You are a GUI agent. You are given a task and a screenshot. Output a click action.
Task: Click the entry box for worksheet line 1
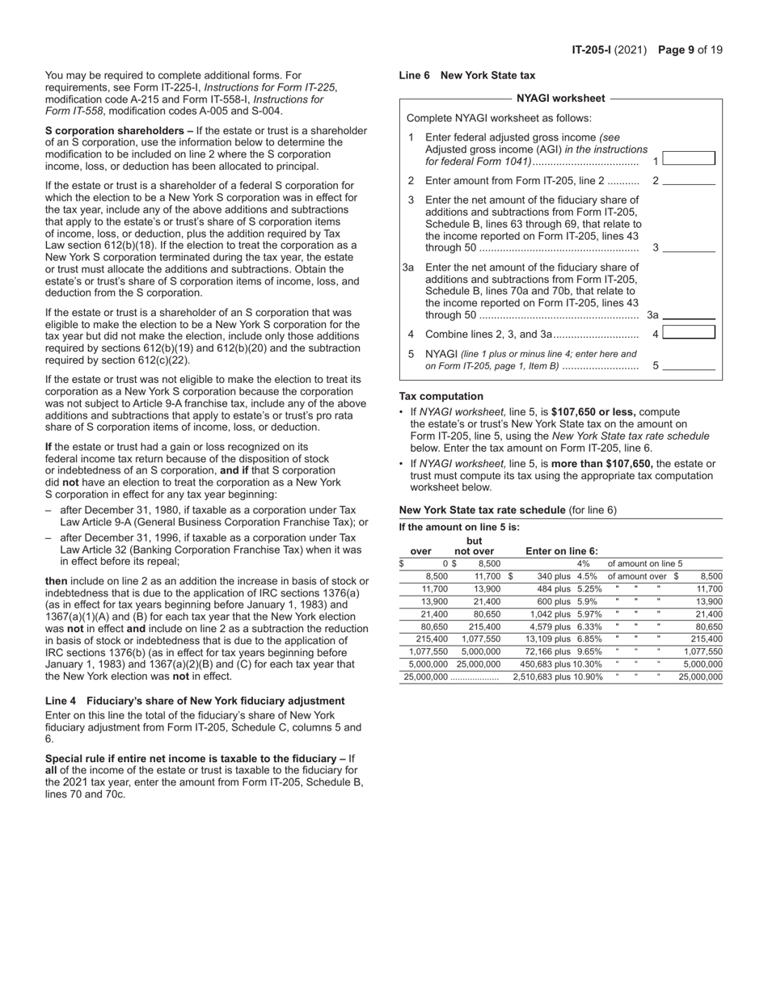click(x=689, y=159)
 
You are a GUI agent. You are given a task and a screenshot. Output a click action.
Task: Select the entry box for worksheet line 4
click(x=689, y=333)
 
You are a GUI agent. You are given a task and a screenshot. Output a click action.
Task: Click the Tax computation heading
click(x=441, y=396)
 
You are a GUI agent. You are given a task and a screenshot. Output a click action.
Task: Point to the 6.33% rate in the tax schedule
click(x=589, y=626)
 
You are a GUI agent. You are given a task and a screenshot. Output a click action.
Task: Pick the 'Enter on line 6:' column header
click(x=562, y=552)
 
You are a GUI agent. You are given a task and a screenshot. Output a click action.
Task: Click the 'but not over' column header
click(x=474, y=546)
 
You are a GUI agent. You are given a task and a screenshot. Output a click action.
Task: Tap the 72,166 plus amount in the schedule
click(x=547, y=651)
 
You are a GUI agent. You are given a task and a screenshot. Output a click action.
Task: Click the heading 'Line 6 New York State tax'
click(x=467, y=75)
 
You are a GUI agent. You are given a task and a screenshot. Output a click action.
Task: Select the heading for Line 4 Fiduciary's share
click(x=195, y=701)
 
